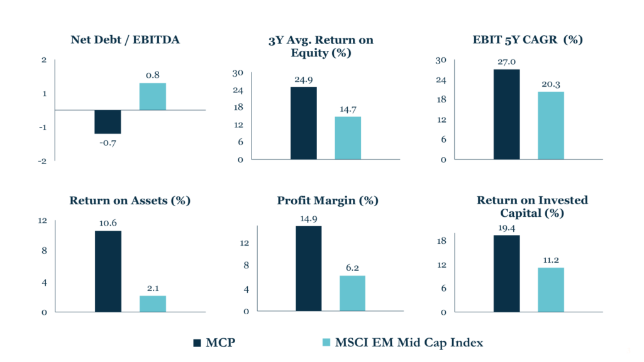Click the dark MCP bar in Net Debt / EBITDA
[x=108, y=122]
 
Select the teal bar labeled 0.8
[x=152, y=97]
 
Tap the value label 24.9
[x=304, y=80]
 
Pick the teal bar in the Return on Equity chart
[x=348, y=138]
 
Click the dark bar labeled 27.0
[x=506, y=114]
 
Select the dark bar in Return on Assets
[x=108, y=271]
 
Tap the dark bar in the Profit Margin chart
[x=308, y=268]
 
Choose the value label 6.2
[x=352, y=268]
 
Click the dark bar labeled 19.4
[x=506, y=273]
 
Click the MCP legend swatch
[x=197, y=343]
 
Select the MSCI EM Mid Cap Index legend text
[x=408, y=343]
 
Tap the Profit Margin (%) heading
[x=328, y=201]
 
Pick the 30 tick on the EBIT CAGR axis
[x=441, y=60]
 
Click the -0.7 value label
[x=108, y=143]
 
